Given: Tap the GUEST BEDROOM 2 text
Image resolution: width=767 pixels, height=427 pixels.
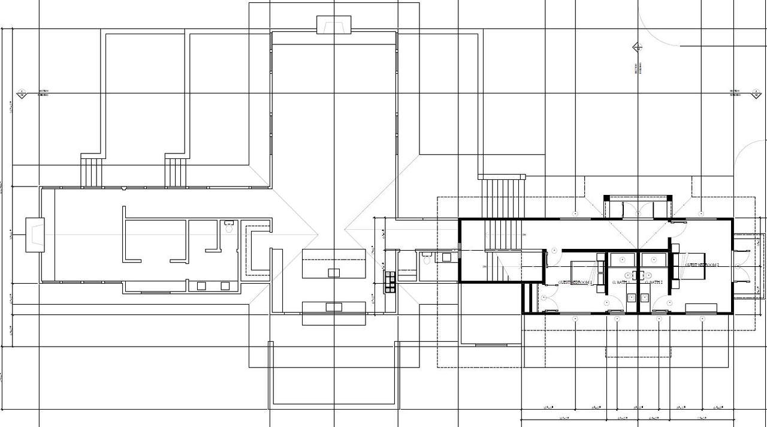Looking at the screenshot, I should click(702, 264).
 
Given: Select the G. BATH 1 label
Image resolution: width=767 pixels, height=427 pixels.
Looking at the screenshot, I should click(621, 282).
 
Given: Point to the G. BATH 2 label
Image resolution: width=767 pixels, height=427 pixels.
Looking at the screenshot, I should click(653, 282).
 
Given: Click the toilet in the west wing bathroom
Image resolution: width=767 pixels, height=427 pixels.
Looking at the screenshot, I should click(228, 227).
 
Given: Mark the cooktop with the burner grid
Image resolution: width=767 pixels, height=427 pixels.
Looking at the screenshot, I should click(390, 281).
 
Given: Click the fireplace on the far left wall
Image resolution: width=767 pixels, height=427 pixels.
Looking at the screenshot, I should click(34, 234).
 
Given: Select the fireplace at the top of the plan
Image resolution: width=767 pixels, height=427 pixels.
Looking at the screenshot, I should click(334, 25).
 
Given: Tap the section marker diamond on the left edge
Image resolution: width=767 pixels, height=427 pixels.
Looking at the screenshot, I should click(21, 94).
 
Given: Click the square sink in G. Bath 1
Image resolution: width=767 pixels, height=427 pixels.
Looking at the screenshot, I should click(632, 297).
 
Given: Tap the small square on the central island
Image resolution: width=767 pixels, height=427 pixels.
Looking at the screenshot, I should click(334, 273).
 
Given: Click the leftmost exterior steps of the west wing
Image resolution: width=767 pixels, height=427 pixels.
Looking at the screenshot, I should click(92, 171).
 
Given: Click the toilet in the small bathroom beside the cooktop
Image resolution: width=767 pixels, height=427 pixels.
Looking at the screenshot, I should click(427, 259).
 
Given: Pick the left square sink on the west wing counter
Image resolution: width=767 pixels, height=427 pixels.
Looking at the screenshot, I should click(201, 286).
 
